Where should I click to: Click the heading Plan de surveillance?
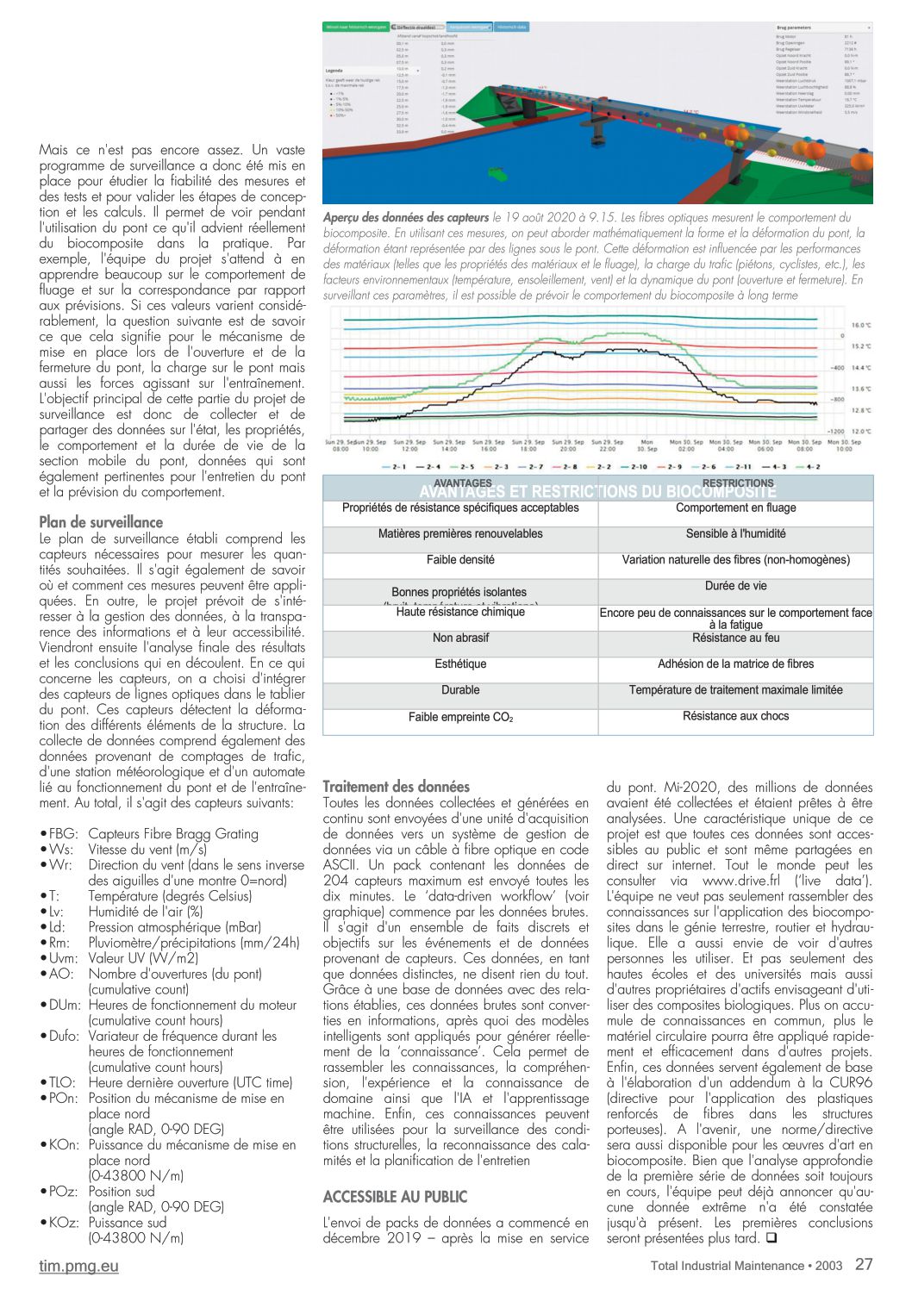(101, 522)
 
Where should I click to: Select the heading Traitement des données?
(396, 786)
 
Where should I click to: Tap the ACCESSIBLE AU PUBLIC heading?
(395, 1197)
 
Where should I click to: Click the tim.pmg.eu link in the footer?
(78, 1266)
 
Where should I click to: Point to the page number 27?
(864, 1264)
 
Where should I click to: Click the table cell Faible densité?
(460, 560)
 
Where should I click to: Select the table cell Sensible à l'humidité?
(735, 534)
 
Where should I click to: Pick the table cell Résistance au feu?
(735, 638)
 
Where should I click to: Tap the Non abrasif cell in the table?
(460, 638)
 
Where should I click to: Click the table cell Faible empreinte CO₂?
(460, 717)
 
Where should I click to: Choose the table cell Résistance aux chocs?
(735, 716)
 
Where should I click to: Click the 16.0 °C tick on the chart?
(861, 325)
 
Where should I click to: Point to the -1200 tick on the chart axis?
(835, 431)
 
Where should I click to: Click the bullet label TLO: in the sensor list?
(61, 1083)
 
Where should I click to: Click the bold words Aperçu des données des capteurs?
(406, 218)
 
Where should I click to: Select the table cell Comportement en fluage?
(735, 508)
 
